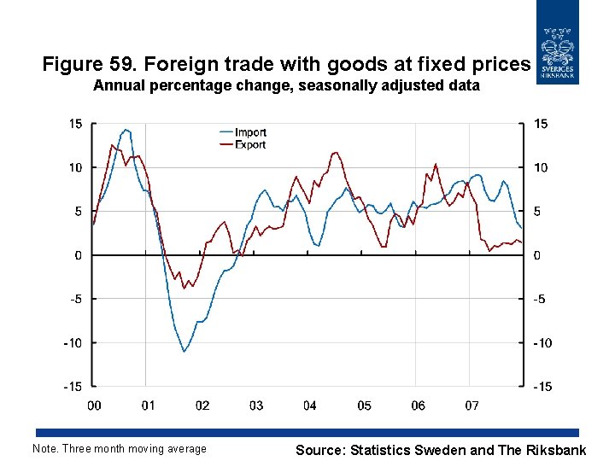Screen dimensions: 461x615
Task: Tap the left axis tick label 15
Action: click(x=75, y=124)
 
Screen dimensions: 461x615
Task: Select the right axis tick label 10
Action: click(x=541, y=168)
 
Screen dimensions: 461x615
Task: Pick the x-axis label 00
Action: click(x=95, y=405)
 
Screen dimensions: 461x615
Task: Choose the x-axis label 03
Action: click(x=256, y=405)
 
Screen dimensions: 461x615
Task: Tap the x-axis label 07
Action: click(x=471, y=405)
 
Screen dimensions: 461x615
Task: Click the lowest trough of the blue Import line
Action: click(x=184, y=351)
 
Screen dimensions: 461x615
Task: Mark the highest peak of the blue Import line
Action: click(x=126, y=130)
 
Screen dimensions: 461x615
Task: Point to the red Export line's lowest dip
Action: click(x=184, y=288)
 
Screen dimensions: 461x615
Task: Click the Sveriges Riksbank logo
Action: click(x=557, y=43)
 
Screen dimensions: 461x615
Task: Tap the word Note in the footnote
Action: click(x=44, y=449)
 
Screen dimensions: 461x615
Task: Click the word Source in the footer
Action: click(x=320, y=449)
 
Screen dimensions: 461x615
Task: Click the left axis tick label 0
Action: click(x=79, y=255)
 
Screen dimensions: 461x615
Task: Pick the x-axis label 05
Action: click(x=364, y=405)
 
